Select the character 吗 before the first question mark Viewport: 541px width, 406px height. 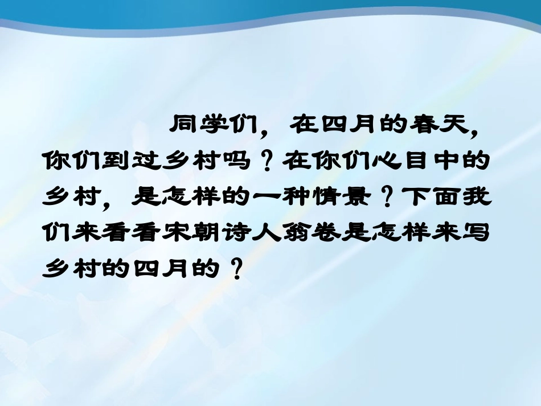pyautogui.click(x=235, y=162)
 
